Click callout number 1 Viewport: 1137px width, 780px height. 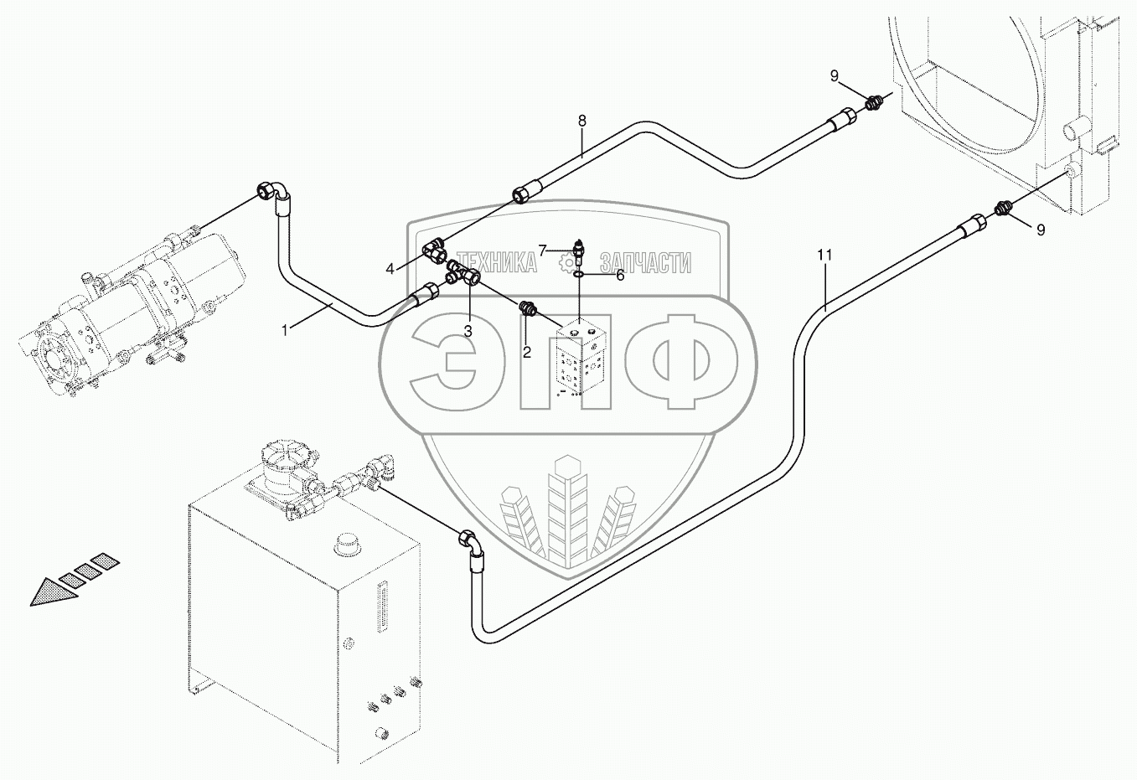point(285,331)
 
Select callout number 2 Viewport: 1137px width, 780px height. point(526,353)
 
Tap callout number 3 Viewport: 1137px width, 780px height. point(468,331)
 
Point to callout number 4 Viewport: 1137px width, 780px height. point(390,269)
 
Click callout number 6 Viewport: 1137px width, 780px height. point(620,274)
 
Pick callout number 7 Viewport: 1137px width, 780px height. point(543,250)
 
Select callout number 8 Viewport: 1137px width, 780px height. point(581,121)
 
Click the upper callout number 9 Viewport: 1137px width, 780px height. point(835,76)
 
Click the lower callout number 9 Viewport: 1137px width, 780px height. point(1041,230)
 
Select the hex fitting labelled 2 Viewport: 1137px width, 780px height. point(528,308)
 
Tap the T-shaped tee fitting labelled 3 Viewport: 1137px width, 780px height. point(463,273)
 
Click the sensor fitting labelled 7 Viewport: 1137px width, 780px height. point(580,250)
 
